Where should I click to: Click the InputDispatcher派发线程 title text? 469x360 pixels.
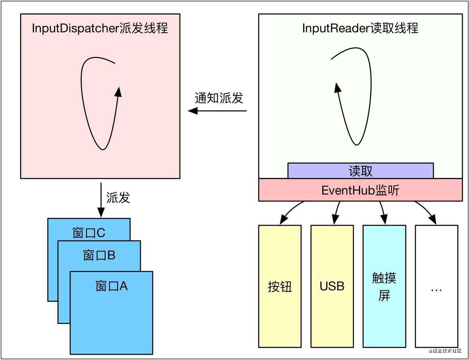click(x=100, y=28)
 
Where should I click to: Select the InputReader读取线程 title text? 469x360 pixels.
click(x=360, y=28)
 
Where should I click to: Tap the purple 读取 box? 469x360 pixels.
click(x=360, y=171)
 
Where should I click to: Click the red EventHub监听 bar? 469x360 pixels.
click(x=360, y=190)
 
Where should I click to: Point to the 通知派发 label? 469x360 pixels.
click(x=219, y=98)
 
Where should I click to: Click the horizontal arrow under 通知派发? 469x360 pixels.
click(x=217, y=111)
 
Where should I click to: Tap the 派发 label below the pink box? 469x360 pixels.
click(x=118, y=197)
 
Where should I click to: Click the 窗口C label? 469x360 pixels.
click(x=89, y=232)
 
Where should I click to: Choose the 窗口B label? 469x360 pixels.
click(x=99, y=256)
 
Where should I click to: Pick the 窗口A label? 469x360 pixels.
click(x=112, y=286)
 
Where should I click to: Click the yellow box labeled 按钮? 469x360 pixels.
click(x=280, y=287)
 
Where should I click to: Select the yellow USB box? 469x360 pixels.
click(x=332, y=287)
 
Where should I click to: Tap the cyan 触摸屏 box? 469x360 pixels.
click(x=384, y=287)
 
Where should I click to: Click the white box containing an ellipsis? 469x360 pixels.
click(x=436, y=287)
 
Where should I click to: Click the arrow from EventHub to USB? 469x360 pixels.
click(x=336, y=212)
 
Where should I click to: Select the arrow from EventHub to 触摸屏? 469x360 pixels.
click(x=383, y=212)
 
